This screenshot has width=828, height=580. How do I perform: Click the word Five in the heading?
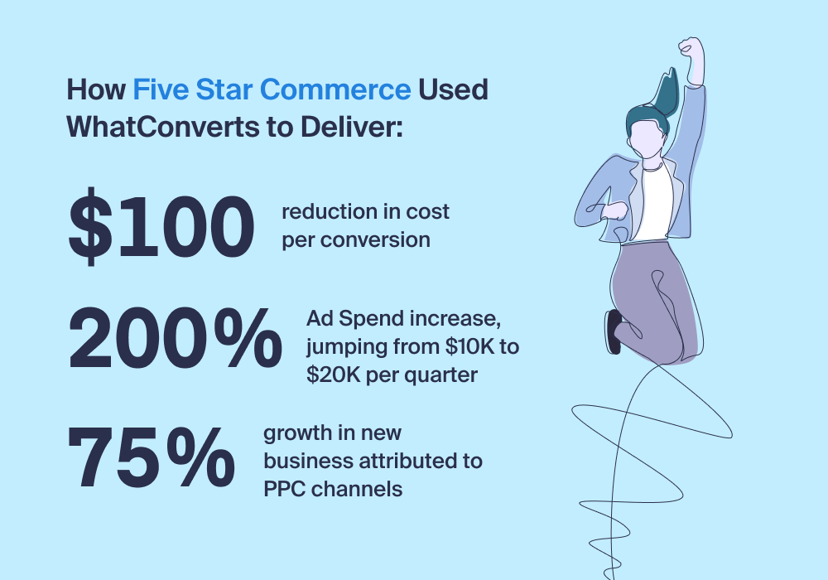click(x=161, y=89)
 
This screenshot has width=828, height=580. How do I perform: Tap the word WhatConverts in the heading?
click(x=162, y=128)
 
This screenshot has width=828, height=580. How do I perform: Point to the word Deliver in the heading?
click(x=351, y=128)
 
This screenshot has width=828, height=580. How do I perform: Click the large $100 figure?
click(x=161, y=226)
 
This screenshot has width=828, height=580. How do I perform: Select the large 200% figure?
click(x=175, y=339)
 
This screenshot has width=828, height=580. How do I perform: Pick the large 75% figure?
click(x=151, y=457)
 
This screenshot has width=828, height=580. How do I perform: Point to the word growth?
click(x=297, y=433)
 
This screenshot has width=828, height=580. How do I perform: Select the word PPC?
click(x=284, y=489)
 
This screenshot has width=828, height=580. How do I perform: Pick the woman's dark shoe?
click(x=614, y=331)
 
